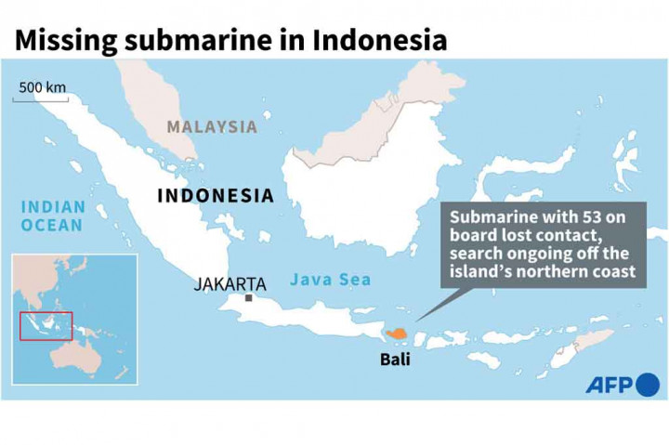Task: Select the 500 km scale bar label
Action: tap(42, 87)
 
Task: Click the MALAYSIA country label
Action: tap(212, 127)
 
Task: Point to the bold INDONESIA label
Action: tap(216, 196)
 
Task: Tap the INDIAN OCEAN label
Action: tap(52, 216)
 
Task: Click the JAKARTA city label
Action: tap(230, 284)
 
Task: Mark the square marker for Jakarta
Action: tap(249, 298)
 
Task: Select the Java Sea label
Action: tap(330, 279)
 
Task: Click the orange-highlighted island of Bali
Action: tap(397, 333)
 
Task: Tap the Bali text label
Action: tap(394, 359)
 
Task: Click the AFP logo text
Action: tap(609, 385)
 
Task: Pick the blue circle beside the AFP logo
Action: tap(647, 384)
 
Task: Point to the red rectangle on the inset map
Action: tap(46, 325)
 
